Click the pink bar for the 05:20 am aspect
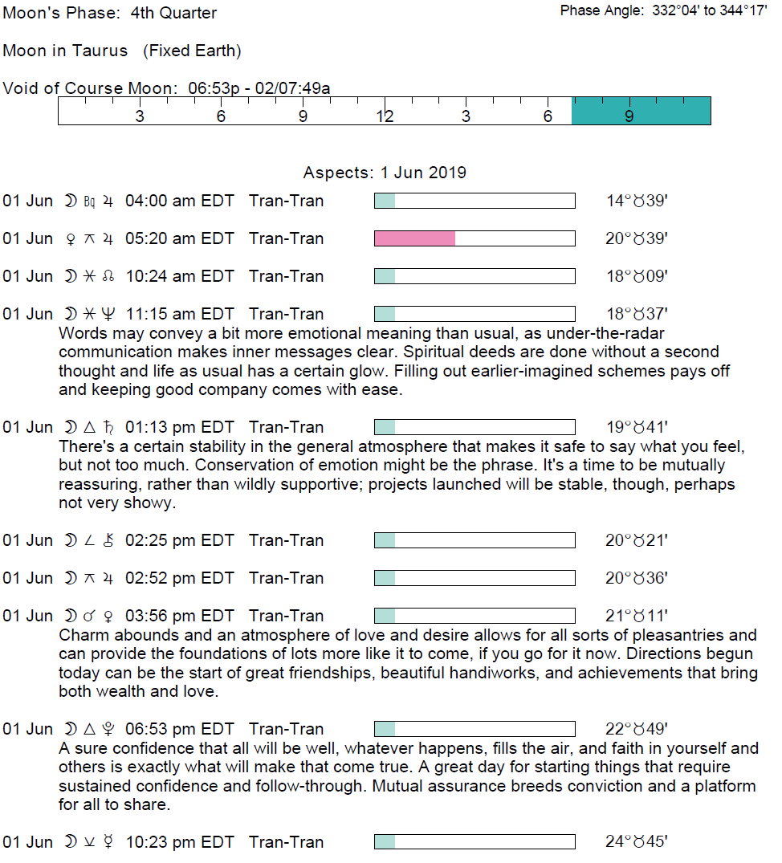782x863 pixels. pyautogui.click(x=414, y=238)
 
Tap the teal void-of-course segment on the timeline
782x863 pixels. pyautogui.click(x=641, y=111)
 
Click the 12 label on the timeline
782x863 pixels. pyautogui.click(x=385, y=117)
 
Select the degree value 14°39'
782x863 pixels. pyautogui.click(x=637, y=201)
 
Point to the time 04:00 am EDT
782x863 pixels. pyautogui.click(x=179, y=201)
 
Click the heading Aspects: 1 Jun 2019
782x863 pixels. pyautogui.click(x=385, y=173)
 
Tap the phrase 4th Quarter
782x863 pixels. pyautogui.click(x=173, y=13)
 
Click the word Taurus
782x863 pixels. pyautogui.click(x=100, y=51)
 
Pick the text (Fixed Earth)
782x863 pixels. pyautogui.click(x=192, y=51)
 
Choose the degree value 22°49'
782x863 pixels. pyautogui.click(x=637, y=729)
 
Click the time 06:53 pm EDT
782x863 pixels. pyautogui.click(x=179, y=729)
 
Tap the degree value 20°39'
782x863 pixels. pyautogui.click(x=637, y=238)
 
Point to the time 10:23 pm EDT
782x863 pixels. pyautogui.click(x=179, y=842)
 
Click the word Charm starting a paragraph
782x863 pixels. pyautogui.click(x=79, y=635)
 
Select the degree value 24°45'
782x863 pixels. pyautogui.click(x=637, y=842)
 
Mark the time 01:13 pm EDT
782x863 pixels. pyautogui.click(x=179, y=427)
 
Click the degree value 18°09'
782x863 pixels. pyautogui.click(x=637, y=276)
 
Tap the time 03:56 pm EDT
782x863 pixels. pyautogui.click(x=179, y=616)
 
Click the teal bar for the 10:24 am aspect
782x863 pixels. pyautogui.click(x=385, y=276)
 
